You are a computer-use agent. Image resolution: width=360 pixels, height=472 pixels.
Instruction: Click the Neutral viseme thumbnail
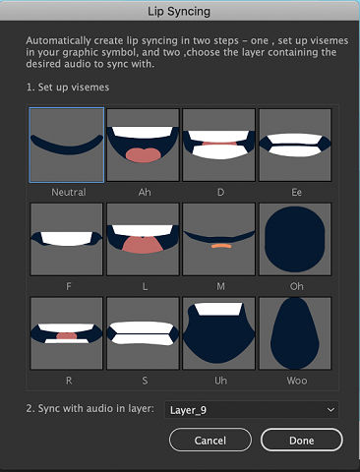[x=68, y=145]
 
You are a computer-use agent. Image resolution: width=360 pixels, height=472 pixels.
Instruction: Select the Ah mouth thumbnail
[x=144, y=145]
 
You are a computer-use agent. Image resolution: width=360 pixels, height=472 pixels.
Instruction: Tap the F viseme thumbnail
[x=68, y=239]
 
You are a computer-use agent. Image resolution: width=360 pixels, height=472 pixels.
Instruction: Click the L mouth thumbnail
[x=144, y=239]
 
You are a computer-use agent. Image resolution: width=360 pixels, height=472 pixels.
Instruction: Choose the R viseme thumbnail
[x=68, y=332]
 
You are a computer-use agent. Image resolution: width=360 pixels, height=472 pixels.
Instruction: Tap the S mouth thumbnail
[x=144, y=332]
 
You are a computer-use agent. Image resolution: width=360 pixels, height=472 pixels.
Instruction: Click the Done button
[x=302, y=441]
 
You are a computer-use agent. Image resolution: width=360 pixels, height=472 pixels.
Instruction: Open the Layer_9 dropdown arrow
[x=330, y=408]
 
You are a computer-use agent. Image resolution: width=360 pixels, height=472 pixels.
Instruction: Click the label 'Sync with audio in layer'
[x=90, y=408]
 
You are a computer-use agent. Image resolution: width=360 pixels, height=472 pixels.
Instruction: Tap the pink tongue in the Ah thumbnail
[x=144, y=154]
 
